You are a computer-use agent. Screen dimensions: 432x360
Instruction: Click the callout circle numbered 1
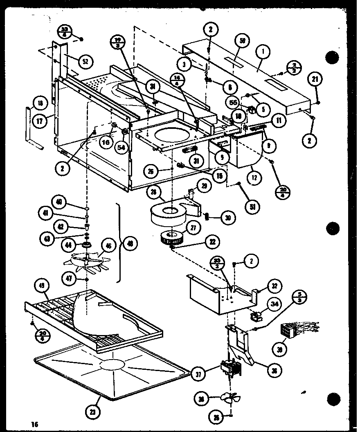pyautogui.click(x=263, y=52)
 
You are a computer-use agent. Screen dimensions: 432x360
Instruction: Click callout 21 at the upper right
pyautogui.click(x=317, y=80)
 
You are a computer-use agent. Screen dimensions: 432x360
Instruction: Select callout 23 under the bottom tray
pyautogui.click(x=95, y=411)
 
